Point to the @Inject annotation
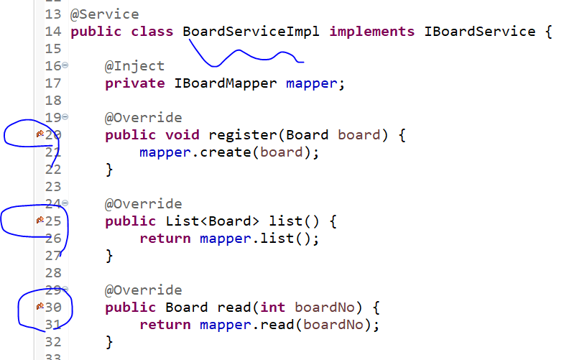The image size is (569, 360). [135, 66]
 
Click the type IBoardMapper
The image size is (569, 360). [226, 83]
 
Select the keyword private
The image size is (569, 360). [135, 83]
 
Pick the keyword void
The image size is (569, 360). [182, 134]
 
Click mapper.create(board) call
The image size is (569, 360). [228, 152]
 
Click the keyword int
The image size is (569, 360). [273, 307]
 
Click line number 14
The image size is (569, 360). [53, 32]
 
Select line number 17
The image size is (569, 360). [53, 83]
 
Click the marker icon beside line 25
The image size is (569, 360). [40, 221]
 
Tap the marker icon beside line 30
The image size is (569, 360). [40, 307]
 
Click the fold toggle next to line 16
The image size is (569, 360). [65, 65]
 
